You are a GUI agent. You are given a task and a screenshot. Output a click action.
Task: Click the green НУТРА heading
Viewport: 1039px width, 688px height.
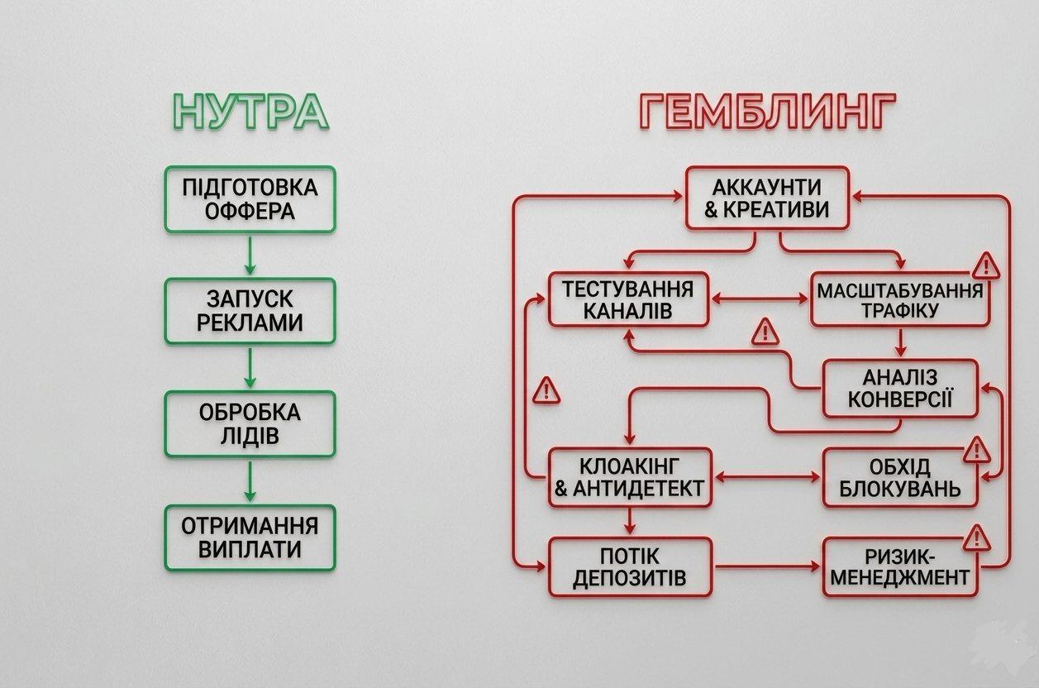pyautogui.click(x=250, y=112)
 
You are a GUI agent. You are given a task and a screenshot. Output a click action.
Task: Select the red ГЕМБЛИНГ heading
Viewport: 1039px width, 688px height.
pyautogui.click(x=768, y=112)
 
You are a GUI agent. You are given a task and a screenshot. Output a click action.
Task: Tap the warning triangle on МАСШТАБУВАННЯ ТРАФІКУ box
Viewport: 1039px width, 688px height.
pyautogui.click(x=986, y=266)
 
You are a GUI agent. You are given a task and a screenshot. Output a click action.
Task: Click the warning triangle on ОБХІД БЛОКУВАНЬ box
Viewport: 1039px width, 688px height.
pyautogui.click(x=977, y=450)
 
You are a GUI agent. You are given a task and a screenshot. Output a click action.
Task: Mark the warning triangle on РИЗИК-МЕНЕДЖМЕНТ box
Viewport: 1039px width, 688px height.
pyautogui.click(x=977, y=538)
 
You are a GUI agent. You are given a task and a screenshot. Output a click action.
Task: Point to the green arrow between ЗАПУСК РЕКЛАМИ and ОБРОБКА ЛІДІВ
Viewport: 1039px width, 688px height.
pyautogui.click(x=250, y=367)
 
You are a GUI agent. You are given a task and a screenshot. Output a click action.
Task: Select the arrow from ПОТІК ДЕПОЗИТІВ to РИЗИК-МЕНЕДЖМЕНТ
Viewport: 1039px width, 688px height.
pyautogui.click(x=767, y=566)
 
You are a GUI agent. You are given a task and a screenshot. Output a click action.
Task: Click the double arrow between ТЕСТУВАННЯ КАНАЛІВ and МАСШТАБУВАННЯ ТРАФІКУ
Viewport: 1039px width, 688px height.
pyautogui.click(x=760, y=299)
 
